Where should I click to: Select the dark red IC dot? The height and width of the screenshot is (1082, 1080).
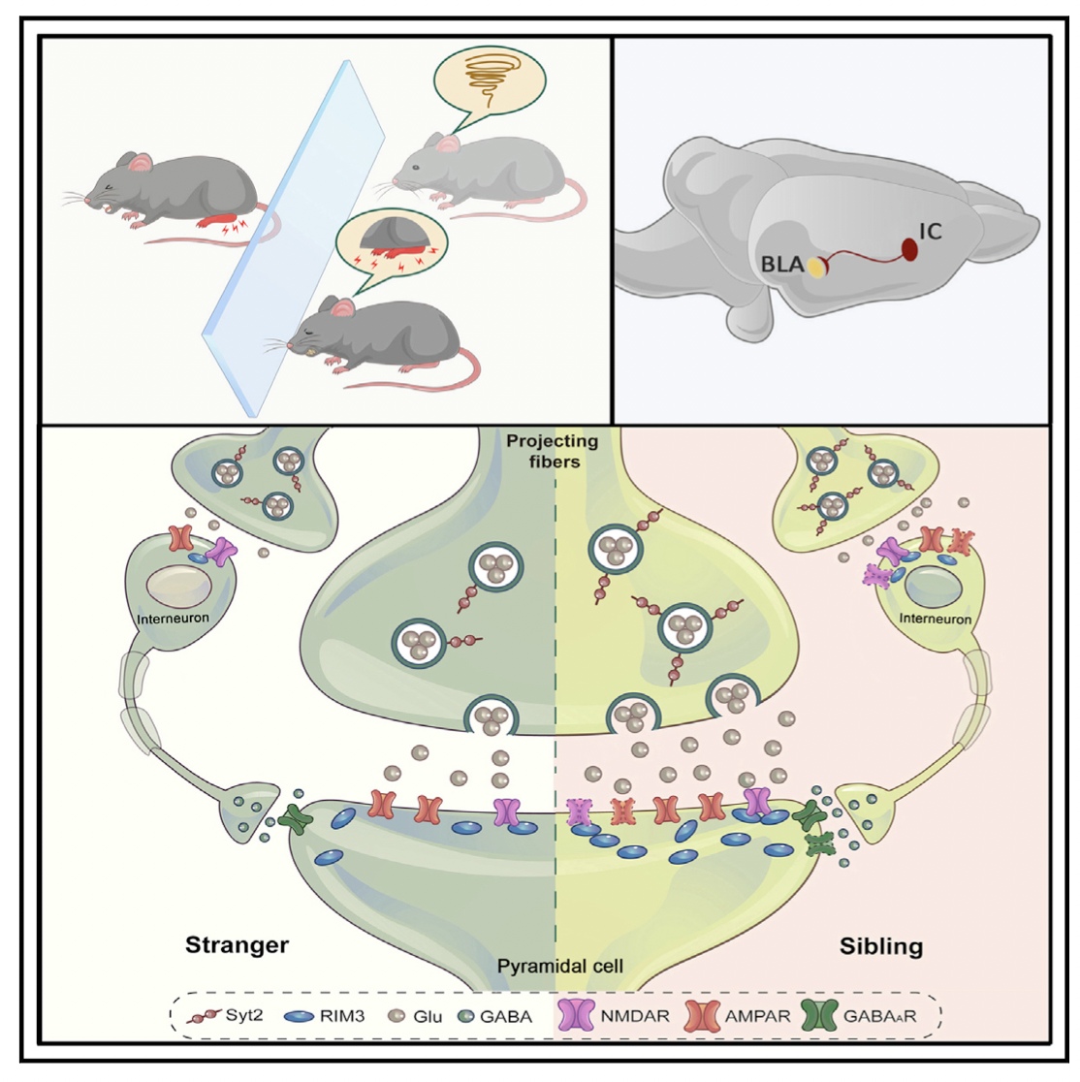point(910,249)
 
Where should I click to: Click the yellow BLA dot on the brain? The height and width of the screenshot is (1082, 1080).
point(819,267)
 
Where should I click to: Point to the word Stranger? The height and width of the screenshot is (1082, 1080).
point(237,944)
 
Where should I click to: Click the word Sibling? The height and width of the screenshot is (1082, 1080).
point(880,945)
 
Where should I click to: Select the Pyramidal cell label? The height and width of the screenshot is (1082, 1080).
point(559,966)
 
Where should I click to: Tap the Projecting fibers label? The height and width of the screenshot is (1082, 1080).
point(553,451)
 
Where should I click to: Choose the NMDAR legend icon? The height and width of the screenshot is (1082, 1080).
point(579,1015)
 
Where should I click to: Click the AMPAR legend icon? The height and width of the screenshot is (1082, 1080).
point(703,1015)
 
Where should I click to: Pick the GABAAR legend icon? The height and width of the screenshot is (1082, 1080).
point(822,1015)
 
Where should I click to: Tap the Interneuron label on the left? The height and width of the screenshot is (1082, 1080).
point(173,617)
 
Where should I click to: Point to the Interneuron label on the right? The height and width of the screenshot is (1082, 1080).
point(935,618)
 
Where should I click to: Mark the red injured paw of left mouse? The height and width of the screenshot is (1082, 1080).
point(221,222)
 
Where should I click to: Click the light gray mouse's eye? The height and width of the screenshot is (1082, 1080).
point(415,168)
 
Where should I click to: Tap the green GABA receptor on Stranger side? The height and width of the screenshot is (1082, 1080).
point(294,819)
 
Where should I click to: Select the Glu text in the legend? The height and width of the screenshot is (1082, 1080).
point(428,1016)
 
